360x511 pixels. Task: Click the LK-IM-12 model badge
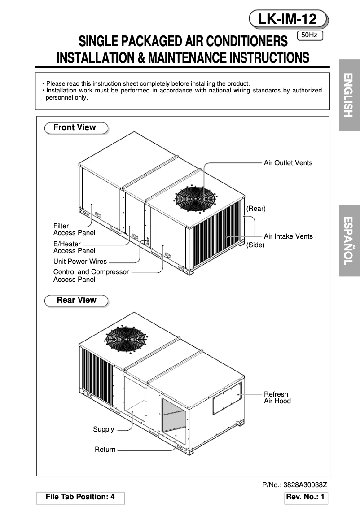[288, 19]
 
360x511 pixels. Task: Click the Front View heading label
[75, 128]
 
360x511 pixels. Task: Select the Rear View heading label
[76, 300]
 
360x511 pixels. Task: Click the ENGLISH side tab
[349, 95]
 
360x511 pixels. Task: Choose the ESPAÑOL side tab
[349, 241]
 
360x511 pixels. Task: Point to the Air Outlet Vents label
[288, 163]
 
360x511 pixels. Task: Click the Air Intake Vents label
[288, 236]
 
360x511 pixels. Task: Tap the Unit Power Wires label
[80, 262]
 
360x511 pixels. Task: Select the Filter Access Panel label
[74, 230]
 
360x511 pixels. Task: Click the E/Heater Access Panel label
[74, 248]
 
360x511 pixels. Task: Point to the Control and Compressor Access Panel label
[91, 275]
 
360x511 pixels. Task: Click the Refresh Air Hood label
[277, 398]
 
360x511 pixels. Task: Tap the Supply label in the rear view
[103, 430]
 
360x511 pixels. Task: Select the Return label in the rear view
[105, 450]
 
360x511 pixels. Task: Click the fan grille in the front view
[195, 197]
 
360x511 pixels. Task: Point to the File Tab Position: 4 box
[80, 498]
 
